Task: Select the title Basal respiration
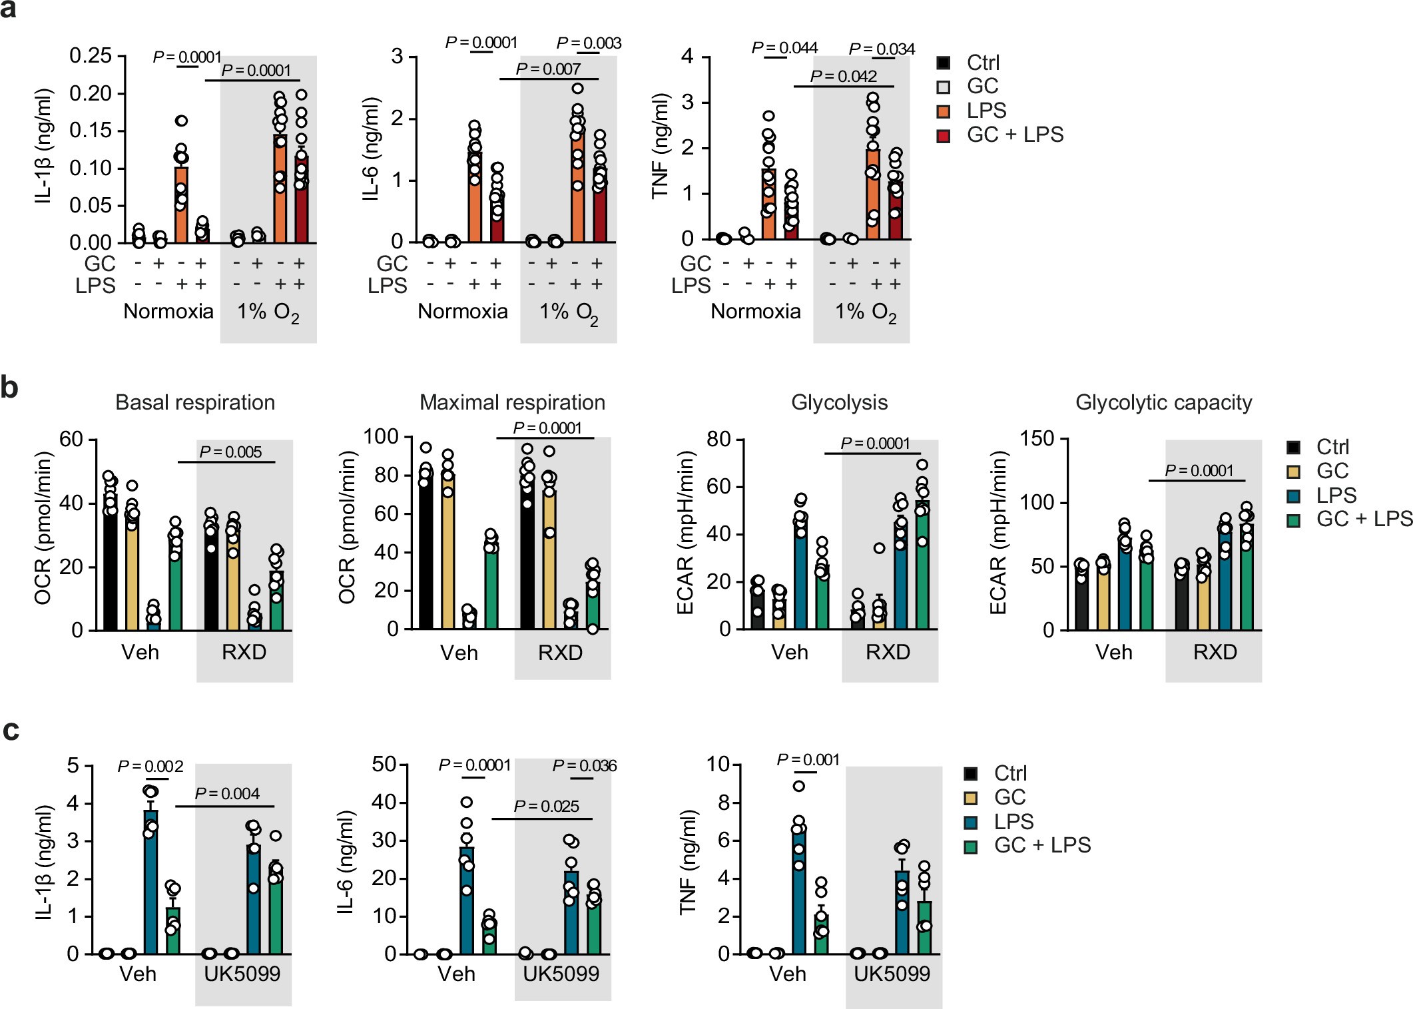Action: [195, 403]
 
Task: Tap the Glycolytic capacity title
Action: [1163, 403]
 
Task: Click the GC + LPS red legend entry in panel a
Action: [1014, 135]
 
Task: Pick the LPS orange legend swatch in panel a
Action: [944, 111]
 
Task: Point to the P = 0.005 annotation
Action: [230, 452]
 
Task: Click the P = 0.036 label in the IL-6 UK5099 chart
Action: [584, 766]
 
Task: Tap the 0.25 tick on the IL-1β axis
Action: [91, 56]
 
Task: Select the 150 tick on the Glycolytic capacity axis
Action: [1037, 439]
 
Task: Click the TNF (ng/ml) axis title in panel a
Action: [659, 147]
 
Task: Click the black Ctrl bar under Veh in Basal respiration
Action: [110, 563]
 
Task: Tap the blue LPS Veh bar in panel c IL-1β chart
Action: [151, 882]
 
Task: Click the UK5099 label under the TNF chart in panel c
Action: [892, 974]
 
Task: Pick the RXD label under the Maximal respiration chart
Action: [560, 653]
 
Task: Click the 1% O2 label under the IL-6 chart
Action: [568, 312]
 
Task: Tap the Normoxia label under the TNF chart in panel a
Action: [755, 312]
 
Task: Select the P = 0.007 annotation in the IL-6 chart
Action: [548, 69]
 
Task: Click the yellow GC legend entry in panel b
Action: [1331, 472]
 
